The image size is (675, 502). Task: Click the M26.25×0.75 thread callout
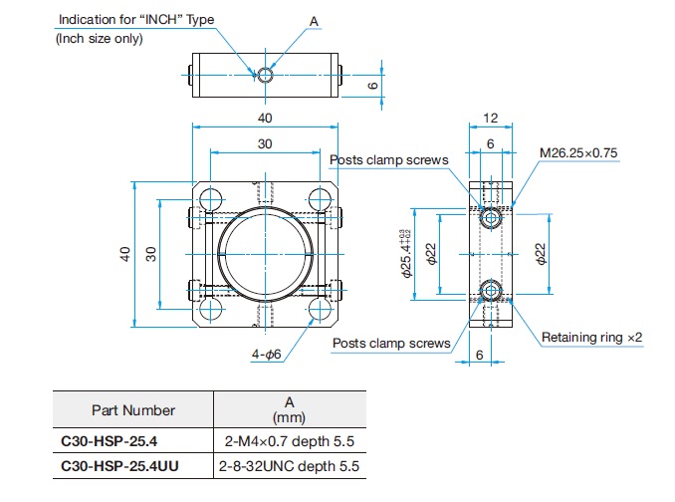pyautogui.click(x=578, y=152)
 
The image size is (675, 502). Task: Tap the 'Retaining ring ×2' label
pyautogui.click(x=591, y=337)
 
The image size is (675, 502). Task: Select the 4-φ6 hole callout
pyautogui.click(x=266, y=355)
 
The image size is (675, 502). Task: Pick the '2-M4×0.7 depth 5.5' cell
pyautogui.click(x=290, y=441)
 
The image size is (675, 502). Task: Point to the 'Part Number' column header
pyautogui.click(x=133, y=410)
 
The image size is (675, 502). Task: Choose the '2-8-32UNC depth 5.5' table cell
pyautogui.click(x=289, y=466)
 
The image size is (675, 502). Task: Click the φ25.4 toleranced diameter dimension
pyautogui.click(x=405, y=254)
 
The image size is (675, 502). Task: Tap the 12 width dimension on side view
pyautogui.click(x=491, y=118)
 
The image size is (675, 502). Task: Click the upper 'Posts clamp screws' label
pyautogui.click(x=388, y=160)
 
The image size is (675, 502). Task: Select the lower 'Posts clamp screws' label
pyautogui.click(x=391, y=344)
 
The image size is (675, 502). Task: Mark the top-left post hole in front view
pyautogui.click(x=210, y=199)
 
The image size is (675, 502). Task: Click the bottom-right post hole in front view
pyautogui.click(x=321, y=310)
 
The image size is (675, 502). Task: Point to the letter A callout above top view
pyautogui.click(x=314, y=21)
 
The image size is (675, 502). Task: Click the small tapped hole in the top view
pyautogui.click(x=266, y=75)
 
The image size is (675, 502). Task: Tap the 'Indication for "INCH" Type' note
pyautogui.click(x=136, y=19)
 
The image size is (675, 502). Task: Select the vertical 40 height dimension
pyautogui.click(x=124, y=254)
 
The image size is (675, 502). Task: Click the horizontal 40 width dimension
pyautogui.click(x=265, y=118)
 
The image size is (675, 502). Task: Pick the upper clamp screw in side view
pyautogui.click(x=491, y=218)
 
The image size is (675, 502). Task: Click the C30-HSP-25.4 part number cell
pyautogui.click(x=109, y=441)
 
